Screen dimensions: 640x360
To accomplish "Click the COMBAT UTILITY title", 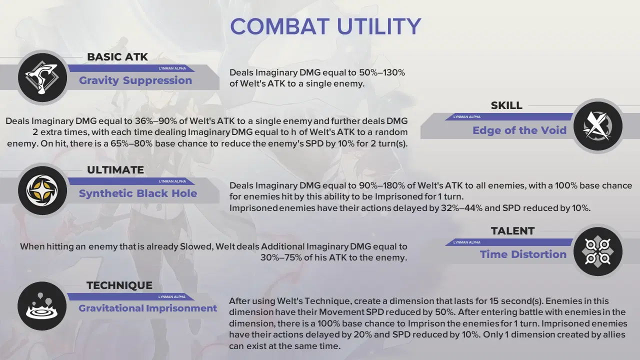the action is pos(325,26).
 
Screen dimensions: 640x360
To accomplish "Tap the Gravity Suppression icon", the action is pos(42,77).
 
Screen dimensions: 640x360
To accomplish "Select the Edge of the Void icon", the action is pos(597,126).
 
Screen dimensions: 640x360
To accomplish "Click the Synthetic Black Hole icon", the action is pos(42,190).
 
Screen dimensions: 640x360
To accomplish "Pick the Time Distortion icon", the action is pos(597,251).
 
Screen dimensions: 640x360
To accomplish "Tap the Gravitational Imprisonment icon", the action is pos(42,306).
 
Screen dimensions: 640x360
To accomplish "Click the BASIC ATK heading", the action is pos(117,57).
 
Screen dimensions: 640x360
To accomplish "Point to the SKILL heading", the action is pos(506,105).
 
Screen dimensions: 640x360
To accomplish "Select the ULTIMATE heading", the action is pos(115,170).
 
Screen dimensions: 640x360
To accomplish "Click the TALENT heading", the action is pos(512,231).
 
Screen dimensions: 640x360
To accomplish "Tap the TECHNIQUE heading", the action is pos(119,285).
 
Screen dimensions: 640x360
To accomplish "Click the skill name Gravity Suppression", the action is pos(135,80).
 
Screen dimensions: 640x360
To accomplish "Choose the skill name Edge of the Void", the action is pos(519,130).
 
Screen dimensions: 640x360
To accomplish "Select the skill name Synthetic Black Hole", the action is pos(138,193).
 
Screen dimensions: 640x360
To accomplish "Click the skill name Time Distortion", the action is pos(523,254).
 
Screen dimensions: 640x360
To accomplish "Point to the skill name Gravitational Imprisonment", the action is pos(147,308).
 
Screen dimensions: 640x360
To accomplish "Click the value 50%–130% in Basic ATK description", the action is pos(382,72).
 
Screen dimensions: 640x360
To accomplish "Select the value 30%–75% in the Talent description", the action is pos(281,257).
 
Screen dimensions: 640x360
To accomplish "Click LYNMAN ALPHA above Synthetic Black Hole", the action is pos(172,181).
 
